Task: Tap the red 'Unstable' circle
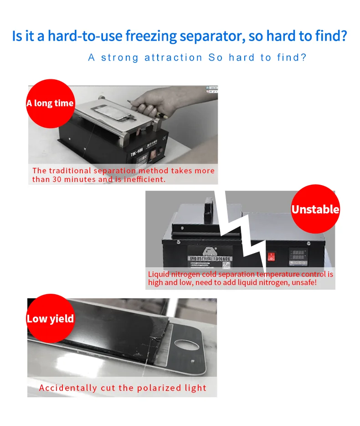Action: click(x=315, y=209)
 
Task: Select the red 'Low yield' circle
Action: click(x=50, y=318)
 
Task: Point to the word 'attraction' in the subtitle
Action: click(x=173, y=58)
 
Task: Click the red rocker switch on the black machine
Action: click(x=272, y=257)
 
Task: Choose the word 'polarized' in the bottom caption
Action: click(x=161, y=388)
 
